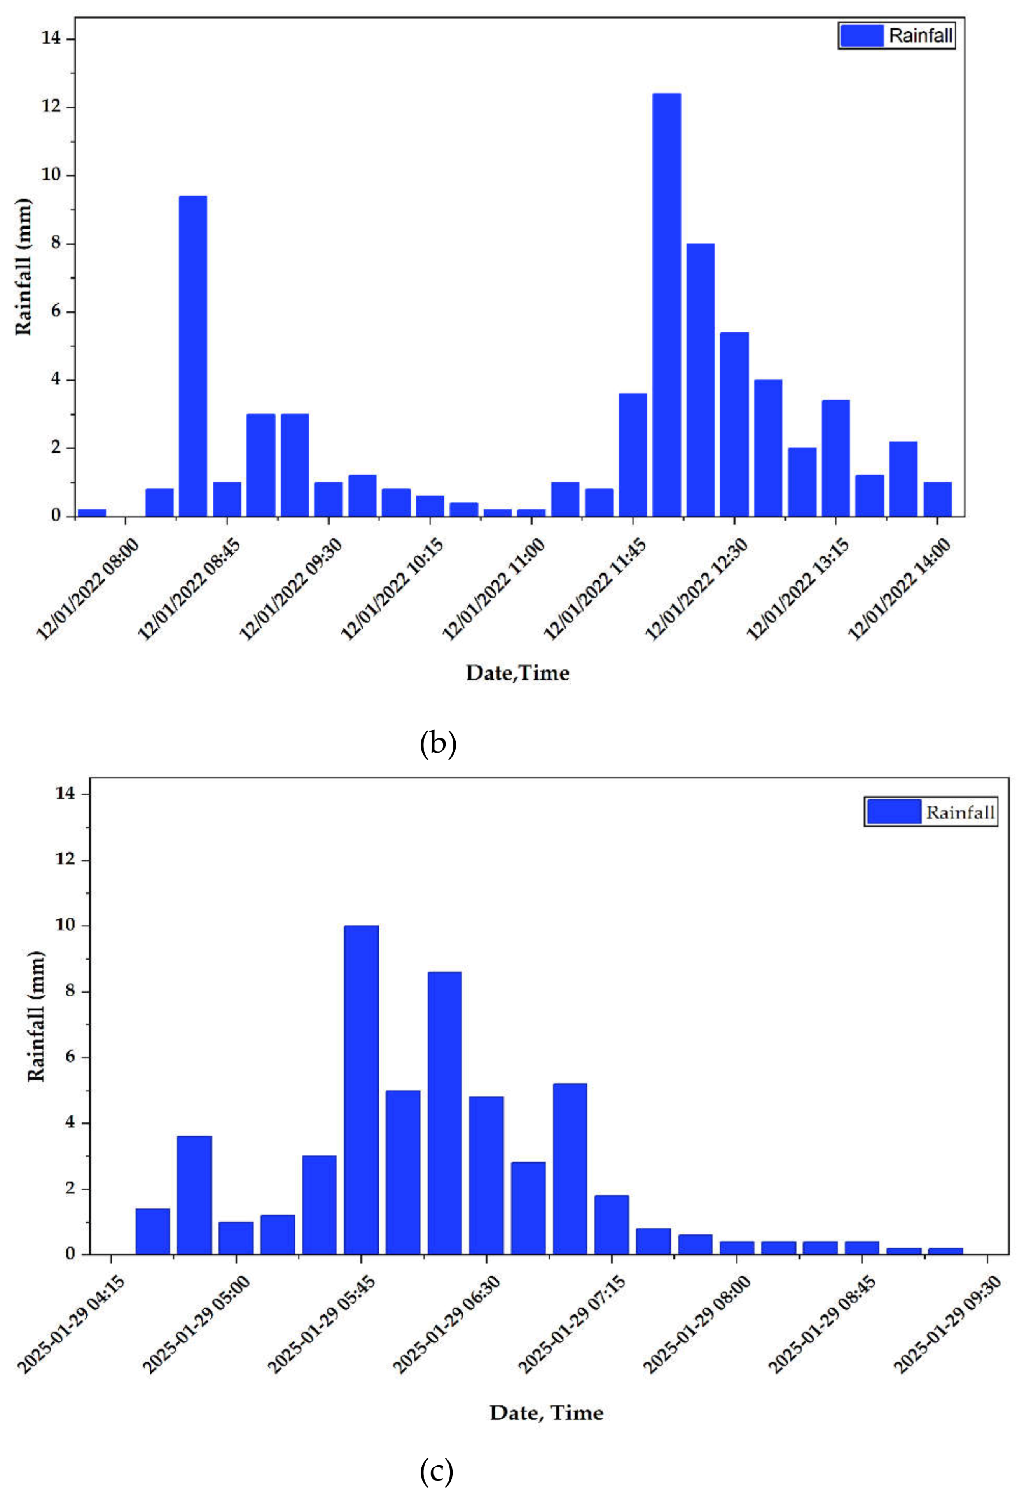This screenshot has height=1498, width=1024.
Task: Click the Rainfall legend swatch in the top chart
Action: (x=861, y=35)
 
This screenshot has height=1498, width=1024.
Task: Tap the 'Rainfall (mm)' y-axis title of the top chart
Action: (x=23, y=267)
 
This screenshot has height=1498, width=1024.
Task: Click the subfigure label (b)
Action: (x=438, y=744)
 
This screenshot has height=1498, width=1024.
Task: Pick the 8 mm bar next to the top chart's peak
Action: (x=700, y=380)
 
